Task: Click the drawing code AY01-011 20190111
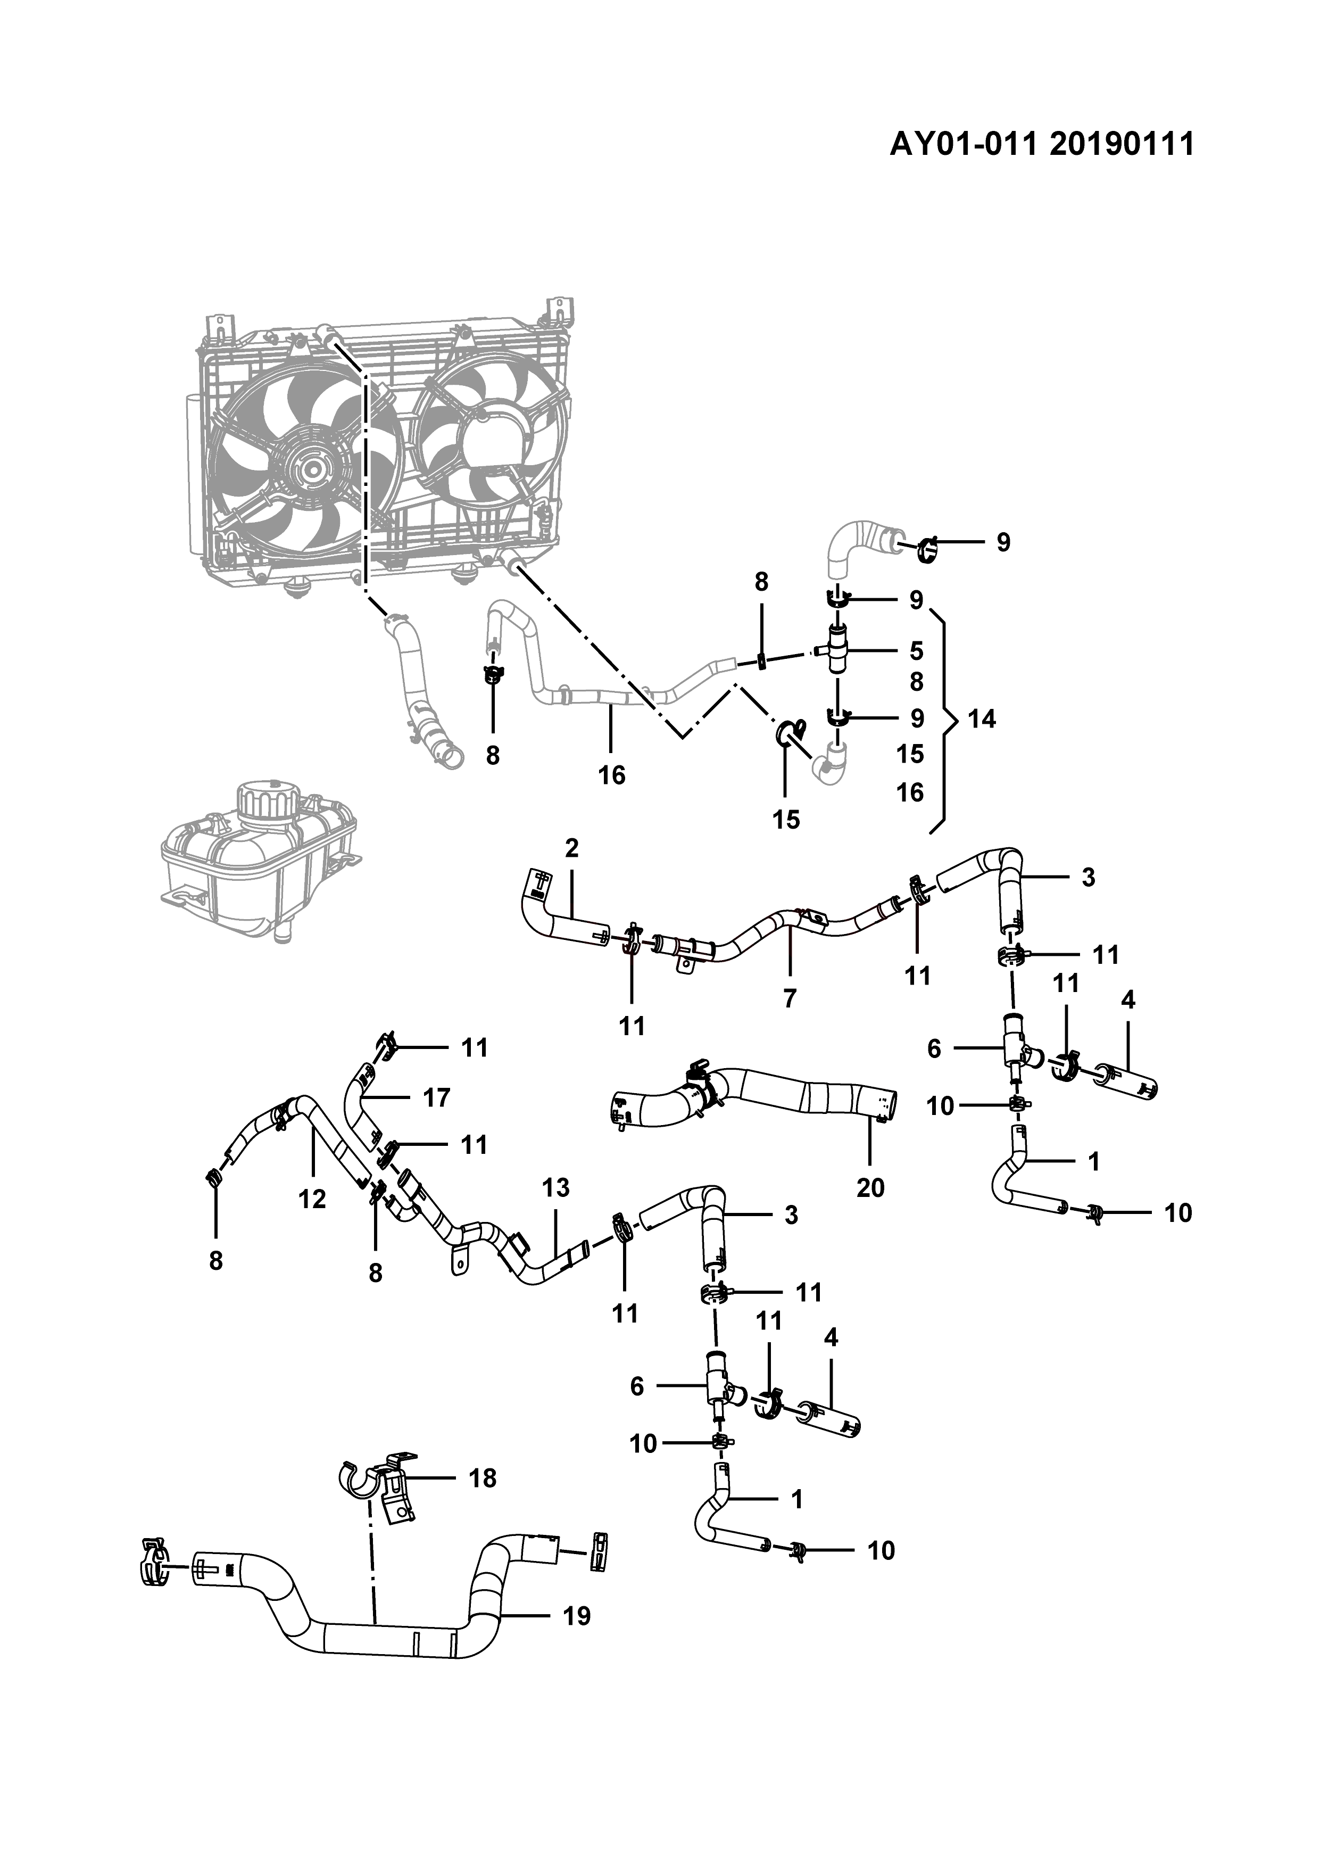(x=1042, y=144)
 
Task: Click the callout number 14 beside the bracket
(x=981, y=719)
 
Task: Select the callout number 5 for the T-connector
(x=916, y=650)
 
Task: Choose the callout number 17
(x=436, y=1098)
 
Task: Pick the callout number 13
(x=556, y=1188)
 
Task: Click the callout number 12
(x=312, y=1199)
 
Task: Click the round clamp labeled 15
(x=788, y=732)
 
